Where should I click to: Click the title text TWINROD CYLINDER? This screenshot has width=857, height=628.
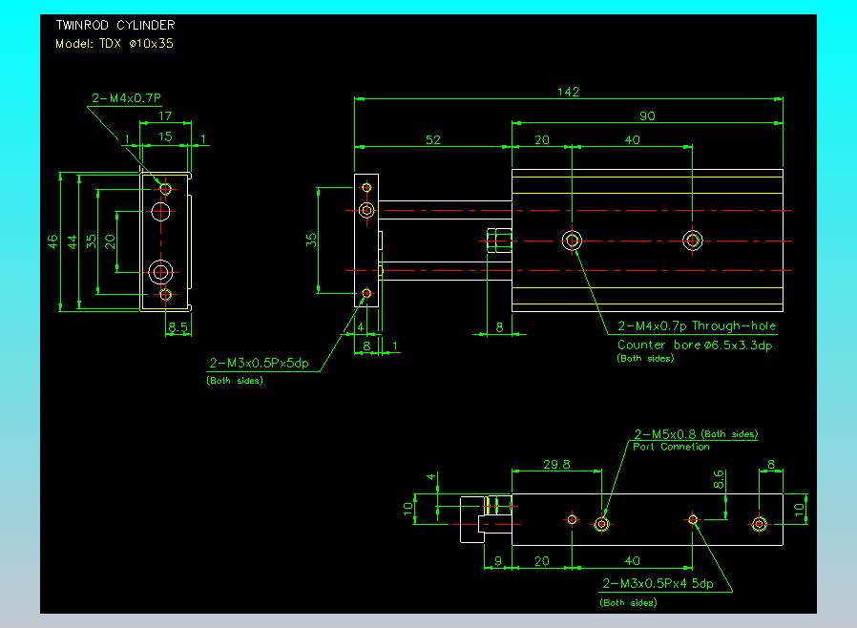coord(115,25)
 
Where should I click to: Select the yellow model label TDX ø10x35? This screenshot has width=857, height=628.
coord(136,44)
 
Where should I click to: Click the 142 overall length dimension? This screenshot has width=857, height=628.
coord(569,92)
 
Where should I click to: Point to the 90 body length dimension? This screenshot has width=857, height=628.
coord(647,115)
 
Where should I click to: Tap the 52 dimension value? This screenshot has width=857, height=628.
coord(433,140)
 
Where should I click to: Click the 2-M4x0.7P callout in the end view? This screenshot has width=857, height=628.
coord(126,98)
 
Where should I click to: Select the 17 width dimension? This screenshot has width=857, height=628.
coord(165,115)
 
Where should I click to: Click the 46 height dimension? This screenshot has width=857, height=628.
coord(52,241)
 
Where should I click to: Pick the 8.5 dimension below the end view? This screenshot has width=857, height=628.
coord(178,326)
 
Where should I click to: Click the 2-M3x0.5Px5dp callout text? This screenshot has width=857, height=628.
coord(259,363)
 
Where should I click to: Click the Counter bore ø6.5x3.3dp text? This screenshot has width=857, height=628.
coord(695,345)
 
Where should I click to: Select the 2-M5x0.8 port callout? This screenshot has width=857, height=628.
coord(664,434)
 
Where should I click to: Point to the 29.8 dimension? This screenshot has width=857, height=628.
coord(556,465)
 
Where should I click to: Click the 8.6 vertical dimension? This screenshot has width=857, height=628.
coord(720,479)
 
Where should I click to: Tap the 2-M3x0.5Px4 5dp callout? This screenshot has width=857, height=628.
coord(658,584)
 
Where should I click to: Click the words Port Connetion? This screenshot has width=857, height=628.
coord(671,447)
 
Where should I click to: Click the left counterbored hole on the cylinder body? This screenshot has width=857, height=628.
coord(572,241)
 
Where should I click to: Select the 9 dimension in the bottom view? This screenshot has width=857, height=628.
coord(498,561)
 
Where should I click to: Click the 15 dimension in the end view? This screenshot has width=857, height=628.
coord(165,136)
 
